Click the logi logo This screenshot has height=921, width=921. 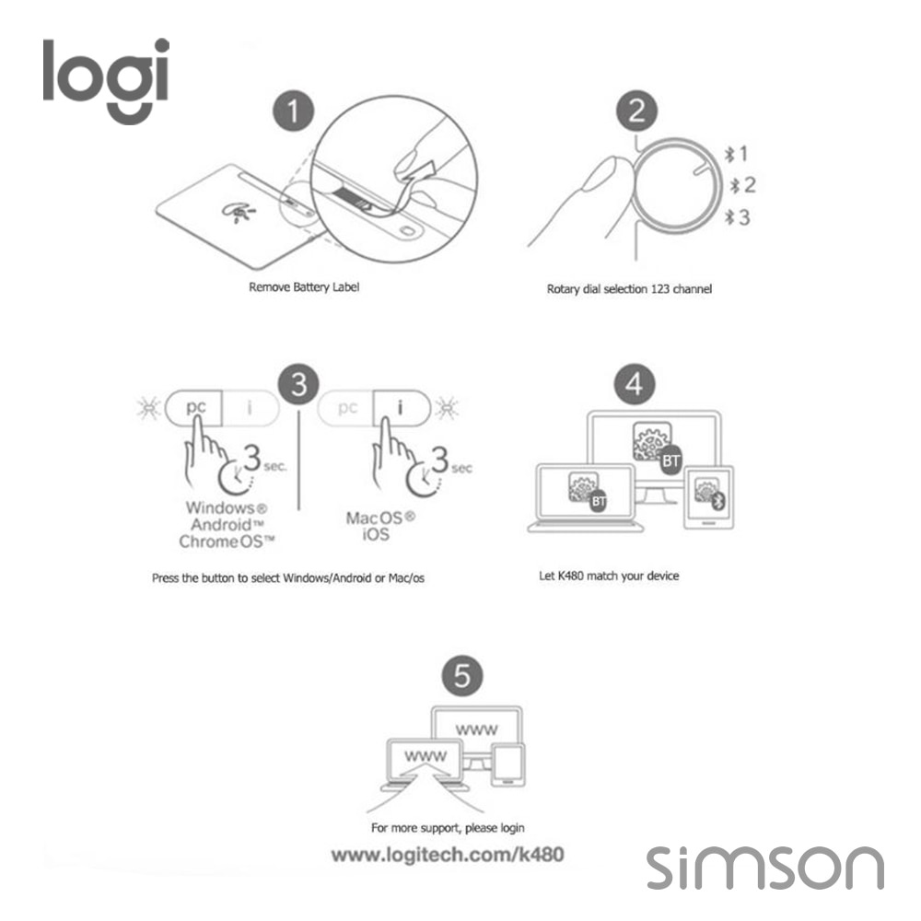106,80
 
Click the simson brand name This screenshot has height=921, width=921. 764,868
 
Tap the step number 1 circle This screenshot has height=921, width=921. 293,111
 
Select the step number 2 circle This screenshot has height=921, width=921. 636,111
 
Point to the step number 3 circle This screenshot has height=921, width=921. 299,385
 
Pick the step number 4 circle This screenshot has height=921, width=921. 635,385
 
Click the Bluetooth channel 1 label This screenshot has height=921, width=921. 737,154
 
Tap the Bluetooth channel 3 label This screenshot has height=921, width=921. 737,217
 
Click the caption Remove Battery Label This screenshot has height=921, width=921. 304,287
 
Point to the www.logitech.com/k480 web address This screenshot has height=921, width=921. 448,855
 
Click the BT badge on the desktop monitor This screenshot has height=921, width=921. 671,461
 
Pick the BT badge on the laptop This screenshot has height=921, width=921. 598,501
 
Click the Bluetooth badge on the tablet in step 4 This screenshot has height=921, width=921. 718,501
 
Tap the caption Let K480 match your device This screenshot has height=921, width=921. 609,577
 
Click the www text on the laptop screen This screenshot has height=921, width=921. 426,756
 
